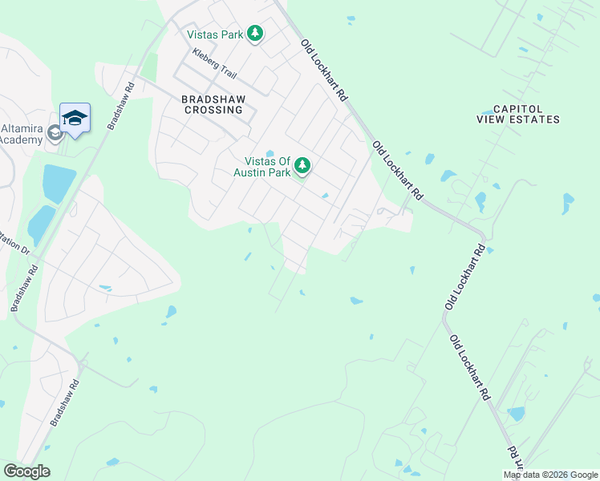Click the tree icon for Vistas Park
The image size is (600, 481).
[255, 34]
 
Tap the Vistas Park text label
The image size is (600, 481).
[215, 34]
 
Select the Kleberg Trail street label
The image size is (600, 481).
[214, 64]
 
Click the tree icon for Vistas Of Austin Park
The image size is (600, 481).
[302, 166]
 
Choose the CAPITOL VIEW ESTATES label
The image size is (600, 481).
[518, 114]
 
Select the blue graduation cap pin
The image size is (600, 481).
[75, 118]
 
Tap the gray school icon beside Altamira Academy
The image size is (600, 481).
[55, 132]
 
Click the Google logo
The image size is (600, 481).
[26, 471]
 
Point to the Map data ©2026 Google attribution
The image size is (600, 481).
[551, 475]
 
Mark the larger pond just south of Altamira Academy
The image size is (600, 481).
[58, 183]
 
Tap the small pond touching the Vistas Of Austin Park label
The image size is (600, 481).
[270, 154]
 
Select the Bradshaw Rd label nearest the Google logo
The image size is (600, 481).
[67, 402]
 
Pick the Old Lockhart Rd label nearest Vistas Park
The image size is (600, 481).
[324, 71]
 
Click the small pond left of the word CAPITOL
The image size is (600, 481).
[486, 111]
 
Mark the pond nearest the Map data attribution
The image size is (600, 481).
[516, 414]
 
